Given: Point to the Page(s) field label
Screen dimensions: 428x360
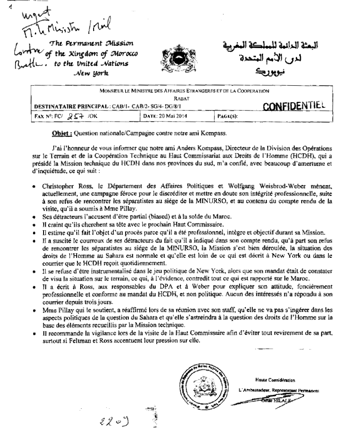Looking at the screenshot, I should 226,117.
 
